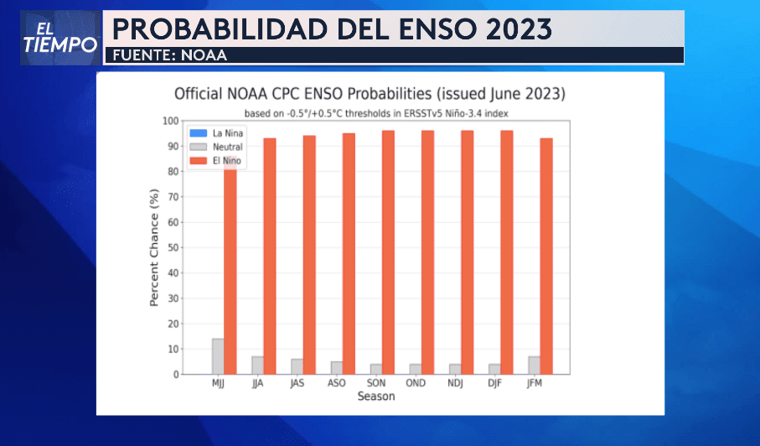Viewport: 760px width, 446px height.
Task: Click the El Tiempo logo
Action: coord(59,38)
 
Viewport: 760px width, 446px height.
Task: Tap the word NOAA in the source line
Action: coord(205,55)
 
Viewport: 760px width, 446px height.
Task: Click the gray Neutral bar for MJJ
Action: coord(218,356)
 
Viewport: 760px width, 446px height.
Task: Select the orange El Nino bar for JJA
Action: coord(270,256)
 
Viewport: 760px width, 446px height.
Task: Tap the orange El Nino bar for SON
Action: coord(388,252)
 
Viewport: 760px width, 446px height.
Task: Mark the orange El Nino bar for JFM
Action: coord(546,256)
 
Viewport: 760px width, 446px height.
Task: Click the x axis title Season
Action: coord(375,397)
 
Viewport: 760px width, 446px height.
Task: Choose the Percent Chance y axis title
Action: coord(154,248)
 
